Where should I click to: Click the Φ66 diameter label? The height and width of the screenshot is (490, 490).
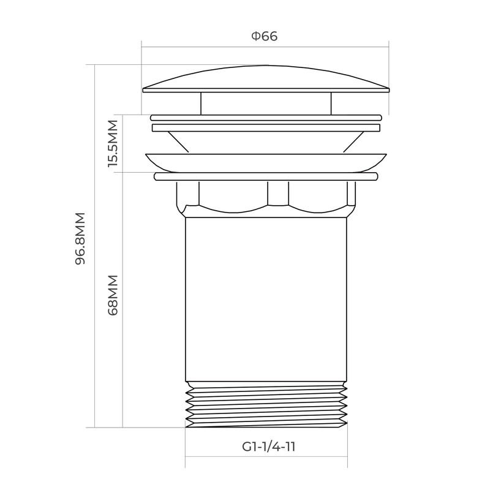[265, 36]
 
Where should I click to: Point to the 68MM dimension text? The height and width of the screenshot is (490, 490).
[113, 294]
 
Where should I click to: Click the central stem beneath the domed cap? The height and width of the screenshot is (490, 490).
[265, 103]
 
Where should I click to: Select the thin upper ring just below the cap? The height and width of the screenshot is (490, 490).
[265, 116]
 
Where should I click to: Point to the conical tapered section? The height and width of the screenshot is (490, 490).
[265, 142]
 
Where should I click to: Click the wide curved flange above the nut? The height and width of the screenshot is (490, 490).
[265, 162]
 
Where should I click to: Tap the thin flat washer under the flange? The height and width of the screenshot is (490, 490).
[265, 177]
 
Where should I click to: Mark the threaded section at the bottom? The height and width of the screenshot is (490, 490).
[266, 404]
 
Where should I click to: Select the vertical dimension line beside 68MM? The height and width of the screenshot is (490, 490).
[123, 367]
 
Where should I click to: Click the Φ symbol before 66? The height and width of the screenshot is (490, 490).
[255, 36]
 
